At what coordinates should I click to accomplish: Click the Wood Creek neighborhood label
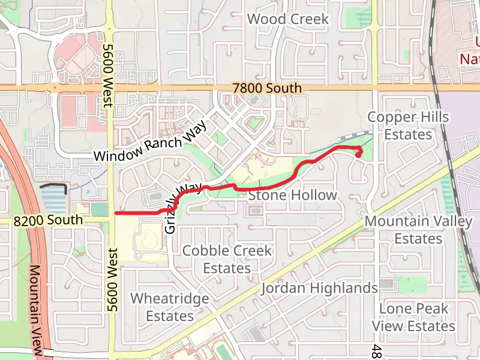288,19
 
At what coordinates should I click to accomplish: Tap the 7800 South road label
267,88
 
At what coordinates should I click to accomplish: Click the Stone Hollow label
292,196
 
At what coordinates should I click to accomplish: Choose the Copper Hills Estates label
408,125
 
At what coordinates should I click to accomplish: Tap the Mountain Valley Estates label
418,230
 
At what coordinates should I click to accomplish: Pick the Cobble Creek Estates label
227,259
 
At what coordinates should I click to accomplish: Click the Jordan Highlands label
319,289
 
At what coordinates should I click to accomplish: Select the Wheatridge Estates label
170,307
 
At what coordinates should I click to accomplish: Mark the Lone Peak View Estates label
413,317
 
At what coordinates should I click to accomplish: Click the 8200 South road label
48,220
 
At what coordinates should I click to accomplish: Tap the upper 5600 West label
109,75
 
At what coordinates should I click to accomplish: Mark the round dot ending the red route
358,155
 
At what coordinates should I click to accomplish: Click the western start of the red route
116,213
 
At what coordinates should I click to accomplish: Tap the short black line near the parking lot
53,188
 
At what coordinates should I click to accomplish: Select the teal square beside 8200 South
100,209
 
